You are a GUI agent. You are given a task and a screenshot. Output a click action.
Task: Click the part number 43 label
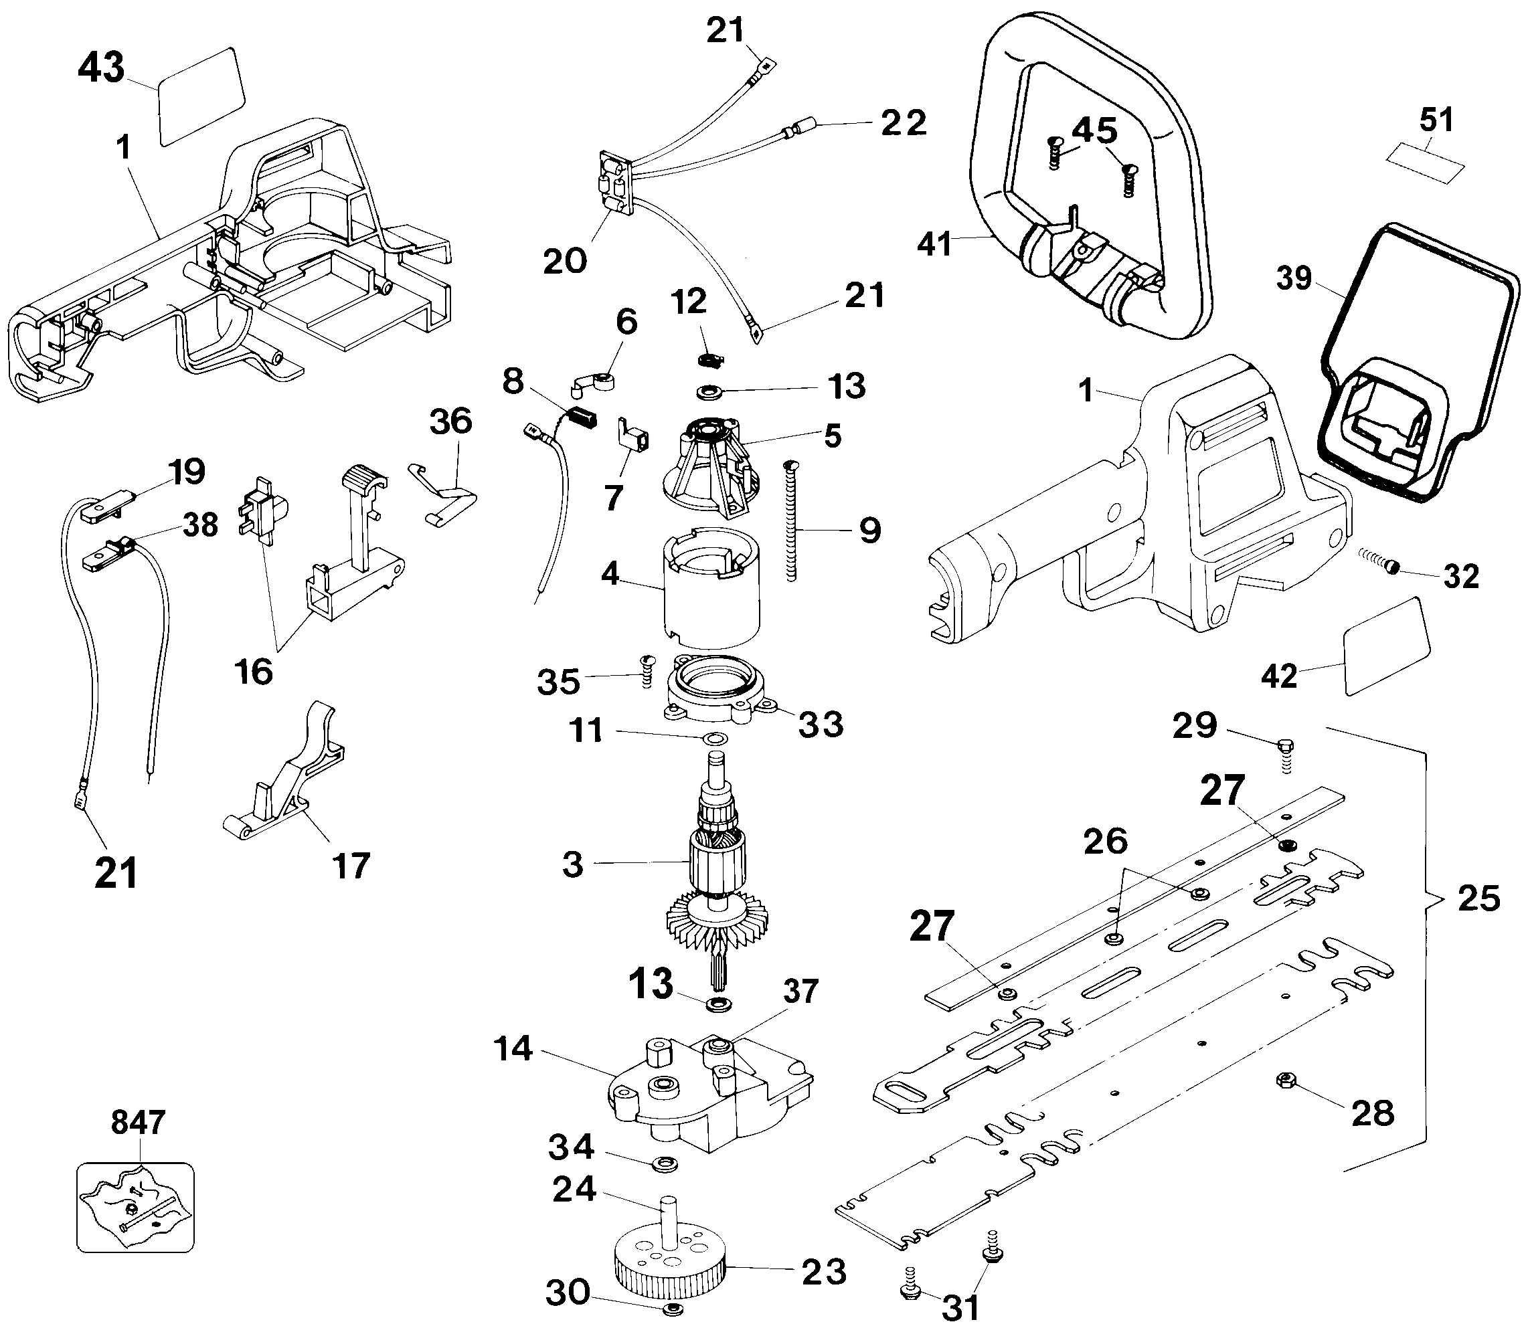point(101,68)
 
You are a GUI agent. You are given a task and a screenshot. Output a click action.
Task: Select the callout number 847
point(138,1123)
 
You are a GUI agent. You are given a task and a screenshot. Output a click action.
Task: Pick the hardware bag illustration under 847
point(135,1207)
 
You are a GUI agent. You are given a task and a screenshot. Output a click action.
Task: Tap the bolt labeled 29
point(1285,753)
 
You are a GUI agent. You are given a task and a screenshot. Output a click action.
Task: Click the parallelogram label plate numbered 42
point(1385,648)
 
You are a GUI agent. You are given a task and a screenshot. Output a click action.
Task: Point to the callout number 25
point(1478,898)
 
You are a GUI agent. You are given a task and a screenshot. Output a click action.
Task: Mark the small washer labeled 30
point(672,1309)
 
